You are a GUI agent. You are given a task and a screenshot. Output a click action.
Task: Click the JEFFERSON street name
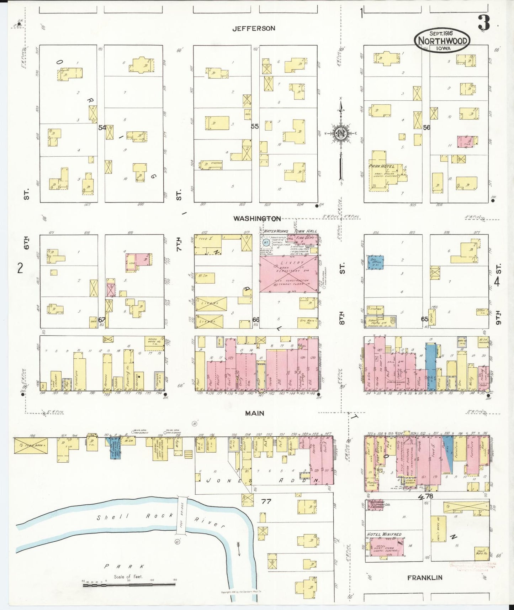253,28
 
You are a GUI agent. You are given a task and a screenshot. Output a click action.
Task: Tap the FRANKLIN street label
424,578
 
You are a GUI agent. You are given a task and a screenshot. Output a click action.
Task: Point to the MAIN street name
255,413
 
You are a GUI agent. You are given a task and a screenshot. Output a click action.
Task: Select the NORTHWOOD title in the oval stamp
443,41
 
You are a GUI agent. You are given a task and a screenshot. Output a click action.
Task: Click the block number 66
255,320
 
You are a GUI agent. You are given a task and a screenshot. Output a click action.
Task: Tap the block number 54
102,127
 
